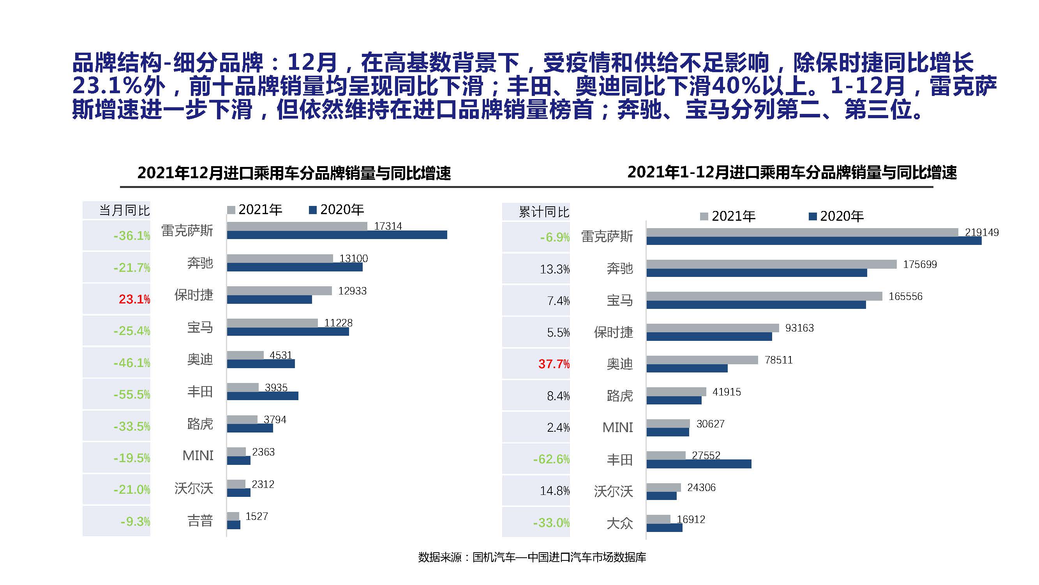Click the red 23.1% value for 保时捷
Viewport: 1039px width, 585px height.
coord(134,299)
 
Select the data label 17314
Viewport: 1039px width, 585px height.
coord(388,226)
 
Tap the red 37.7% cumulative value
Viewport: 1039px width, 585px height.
coord(554,364)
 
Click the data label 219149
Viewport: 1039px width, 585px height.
coord(981,232)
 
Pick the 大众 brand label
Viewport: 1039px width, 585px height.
coord(619,524)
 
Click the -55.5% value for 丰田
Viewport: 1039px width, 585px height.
coord(132,394)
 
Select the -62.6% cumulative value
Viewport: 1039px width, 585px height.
coord(551,459)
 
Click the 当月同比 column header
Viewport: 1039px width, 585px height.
coord(124,210)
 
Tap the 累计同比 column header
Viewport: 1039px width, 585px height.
coord(544,212)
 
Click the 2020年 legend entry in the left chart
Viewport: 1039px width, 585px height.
coord(337,209)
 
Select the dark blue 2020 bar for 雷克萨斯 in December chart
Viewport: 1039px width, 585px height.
coord(337,235)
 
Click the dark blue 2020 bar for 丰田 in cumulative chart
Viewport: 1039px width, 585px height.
coord(699,464)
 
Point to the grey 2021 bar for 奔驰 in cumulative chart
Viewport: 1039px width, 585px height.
coord(771,264)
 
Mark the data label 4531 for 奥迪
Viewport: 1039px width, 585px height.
coord(280,355)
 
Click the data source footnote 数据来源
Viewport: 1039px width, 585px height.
coord(532,558)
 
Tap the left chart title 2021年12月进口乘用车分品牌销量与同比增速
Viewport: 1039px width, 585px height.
coord(294,173)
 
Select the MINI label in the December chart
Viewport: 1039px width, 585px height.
coord(198,456)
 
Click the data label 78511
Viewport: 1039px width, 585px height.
coord(778,360)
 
